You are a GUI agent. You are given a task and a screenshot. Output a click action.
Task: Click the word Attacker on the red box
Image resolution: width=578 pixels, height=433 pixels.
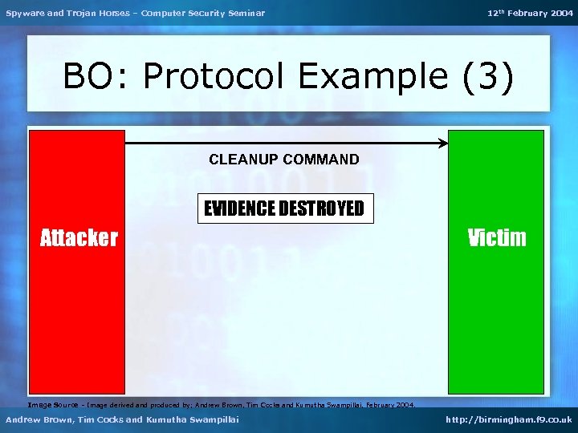(79, 237)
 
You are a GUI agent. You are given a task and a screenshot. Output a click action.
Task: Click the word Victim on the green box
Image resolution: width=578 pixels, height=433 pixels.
(497, 237)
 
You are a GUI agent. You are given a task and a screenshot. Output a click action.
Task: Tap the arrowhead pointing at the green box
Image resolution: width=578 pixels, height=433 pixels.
(443, 144)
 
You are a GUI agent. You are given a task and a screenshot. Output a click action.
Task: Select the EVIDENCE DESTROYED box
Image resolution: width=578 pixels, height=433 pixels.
(286, 209)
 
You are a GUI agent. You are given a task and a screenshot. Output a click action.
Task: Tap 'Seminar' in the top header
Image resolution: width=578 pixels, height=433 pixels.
(246, 13)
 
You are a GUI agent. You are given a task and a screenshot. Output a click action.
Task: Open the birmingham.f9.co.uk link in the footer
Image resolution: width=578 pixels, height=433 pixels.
(510, 419)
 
